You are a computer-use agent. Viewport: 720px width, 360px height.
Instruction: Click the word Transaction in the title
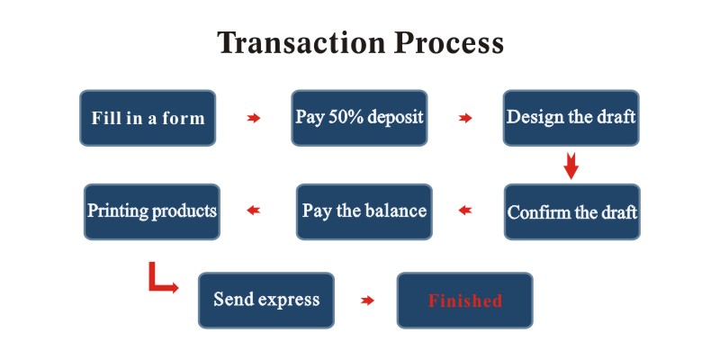coord(302,42)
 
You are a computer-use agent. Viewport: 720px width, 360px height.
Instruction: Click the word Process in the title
coord(449,42)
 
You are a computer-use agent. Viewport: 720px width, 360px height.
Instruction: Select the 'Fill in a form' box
coord(148,118)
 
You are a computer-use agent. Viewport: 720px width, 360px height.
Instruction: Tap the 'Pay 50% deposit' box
coord(359,118)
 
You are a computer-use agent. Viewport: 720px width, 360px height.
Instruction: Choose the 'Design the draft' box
coord(571,118)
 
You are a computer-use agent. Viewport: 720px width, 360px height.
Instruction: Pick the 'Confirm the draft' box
coord(572,211)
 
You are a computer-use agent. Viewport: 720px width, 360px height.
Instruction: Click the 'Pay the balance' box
coord(364,211)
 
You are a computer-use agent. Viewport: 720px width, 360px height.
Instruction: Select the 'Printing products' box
coord(152,211)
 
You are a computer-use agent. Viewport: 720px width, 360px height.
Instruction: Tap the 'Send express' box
coord(266,301)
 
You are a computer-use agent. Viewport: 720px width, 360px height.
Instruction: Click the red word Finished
coord(465,301)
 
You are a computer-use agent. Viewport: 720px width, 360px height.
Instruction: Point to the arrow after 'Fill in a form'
coord(254,118)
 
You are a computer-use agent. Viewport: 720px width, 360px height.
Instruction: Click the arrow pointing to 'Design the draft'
coord(465,118)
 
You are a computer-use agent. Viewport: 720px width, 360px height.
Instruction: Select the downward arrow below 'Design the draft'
coord(571,166)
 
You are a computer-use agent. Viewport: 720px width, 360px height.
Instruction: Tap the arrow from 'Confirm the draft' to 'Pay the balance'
coord(465,211)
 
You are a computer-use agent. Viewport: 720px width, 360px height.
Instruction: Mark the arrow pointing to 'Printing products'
coord(254,211)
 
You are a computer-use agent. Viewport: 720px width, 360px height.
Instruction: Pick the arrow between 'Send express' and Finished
coord(367,301)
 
